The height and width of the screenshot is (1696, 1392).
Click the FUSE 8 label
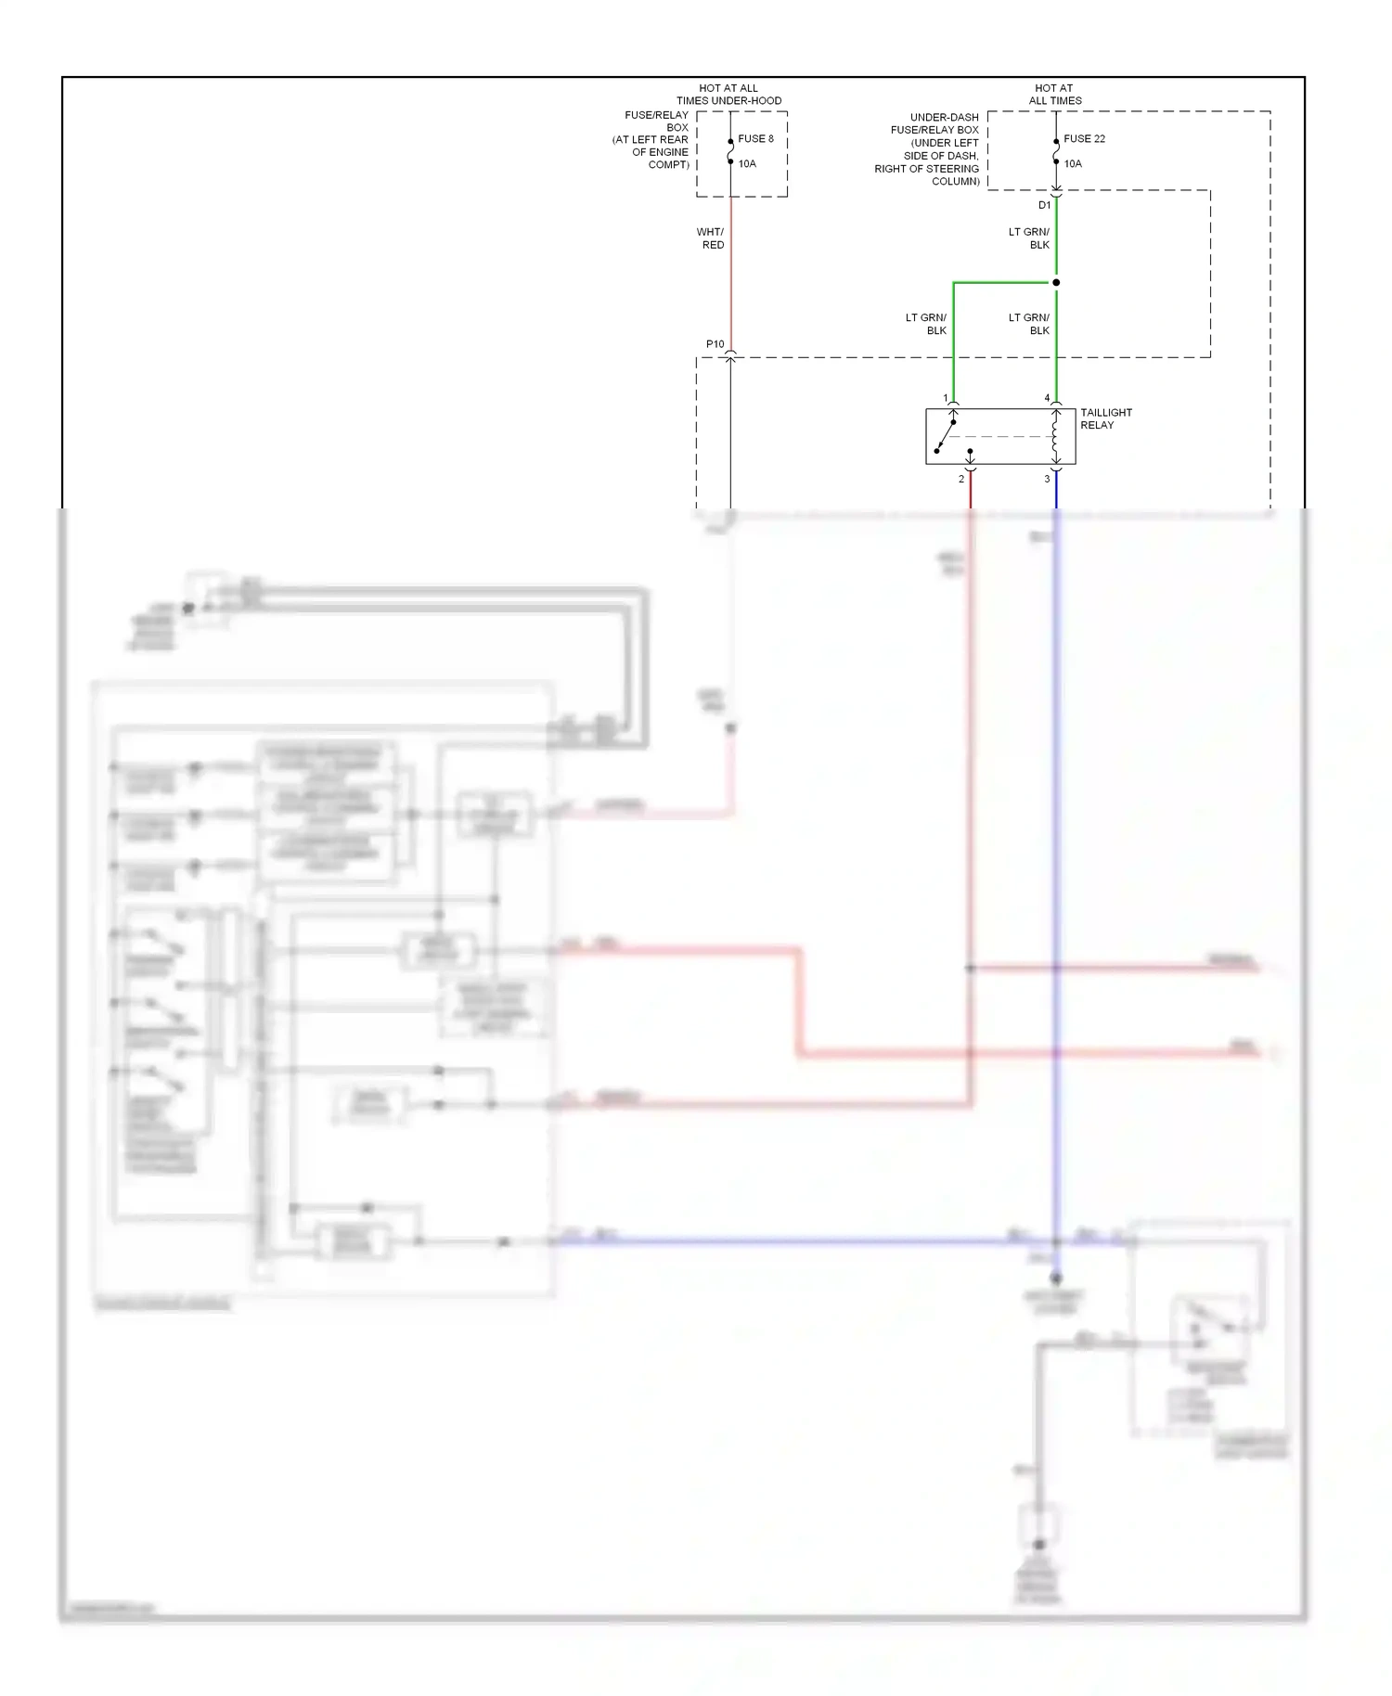pos(755,138)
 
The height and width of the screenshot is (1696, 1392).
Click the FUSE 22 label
pos(1084,138)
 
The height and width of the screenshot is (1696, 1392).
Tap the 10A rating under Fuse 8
pos(747,163)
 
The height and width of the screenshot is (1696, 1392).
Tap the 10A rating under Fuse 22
pos(1073,163)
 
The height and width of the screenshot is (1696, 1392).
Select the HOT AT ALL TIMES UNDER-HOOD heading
pos(728,94)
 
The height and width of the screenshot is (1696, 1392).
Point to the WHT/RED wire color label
pos(711,238)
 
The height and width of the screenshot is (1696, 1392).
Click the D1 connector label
pos(1044,205)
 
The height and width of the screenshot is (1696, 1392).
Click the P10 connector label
pos(715,344)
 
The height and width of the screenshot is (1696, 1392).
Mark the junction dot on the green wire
pos(1056,282)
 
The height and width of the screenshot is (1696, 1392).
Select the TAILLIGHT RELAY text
pos(1105,418)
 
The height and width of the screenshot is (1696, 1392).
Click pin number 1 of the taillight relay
pos(946,398)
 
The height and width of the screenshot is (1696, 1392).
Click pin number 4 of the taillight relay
pos(1047,398)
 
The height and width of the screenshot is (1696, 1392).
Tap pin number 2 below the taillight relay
pos(961,479)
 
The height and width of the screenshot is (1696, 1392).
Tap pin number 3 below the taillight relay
pos(1047,479)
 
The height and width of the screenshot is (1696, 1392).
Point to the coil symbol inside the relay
pos(1055,437)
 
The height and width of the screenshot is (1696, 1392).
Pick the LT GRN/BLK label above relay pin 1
pos(926,324)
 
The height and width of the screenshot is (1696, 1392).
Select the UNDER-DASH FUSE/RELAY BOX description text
pos(927,149)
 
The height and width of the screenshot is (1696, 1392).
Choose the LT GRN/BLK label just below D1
pos(1029,238)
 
